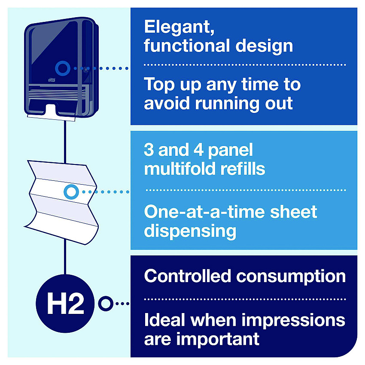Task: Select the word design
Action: (264, 46)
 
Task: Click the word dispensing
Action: (190, 231)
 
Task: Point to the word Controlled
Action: (187, 276)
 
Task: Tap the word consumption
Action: (291, 277)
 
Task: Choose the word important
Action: (218, 339)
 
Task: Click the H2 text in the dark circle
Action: (65, 303)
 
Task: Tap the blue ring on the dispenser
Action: (63, 68)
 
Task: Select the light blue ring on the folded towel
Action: (71, 192)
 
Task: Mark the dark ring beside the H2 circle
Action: (106, 304)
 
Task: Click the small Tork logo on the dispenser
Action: (52, 80)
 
